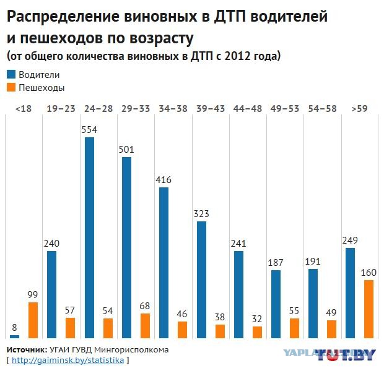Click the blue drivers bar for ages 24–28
point(89,237)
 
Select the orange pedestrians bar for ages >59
point(369,309)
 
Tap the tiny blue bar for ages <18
point(15,336)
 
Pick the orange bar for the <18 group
point(33,320)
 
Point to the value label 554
point(90,130)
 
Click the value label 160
point(369,273)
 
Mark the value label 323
point(201,214)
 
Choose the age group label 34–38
point(173,109)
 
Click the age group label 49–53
point(285,109)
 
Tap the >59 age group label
point(359,109)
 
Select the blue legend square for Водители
point(11,74)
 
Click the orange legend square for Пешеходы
point(11,88)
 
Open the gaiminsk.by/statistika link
point(68,360)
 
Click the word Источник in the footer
point(27,349)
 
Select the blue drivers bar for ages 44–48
point(238,294)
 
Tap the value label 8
point(15,328)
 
